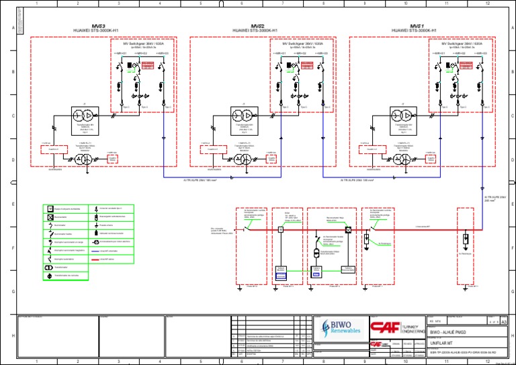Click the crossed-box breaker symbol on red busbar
(x=348, y=230)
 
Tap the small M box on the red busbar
(x=282, y=230)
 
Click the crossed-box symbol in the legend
(x=50, y=217)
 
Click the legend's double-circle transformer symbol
(x=50, y=274)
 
